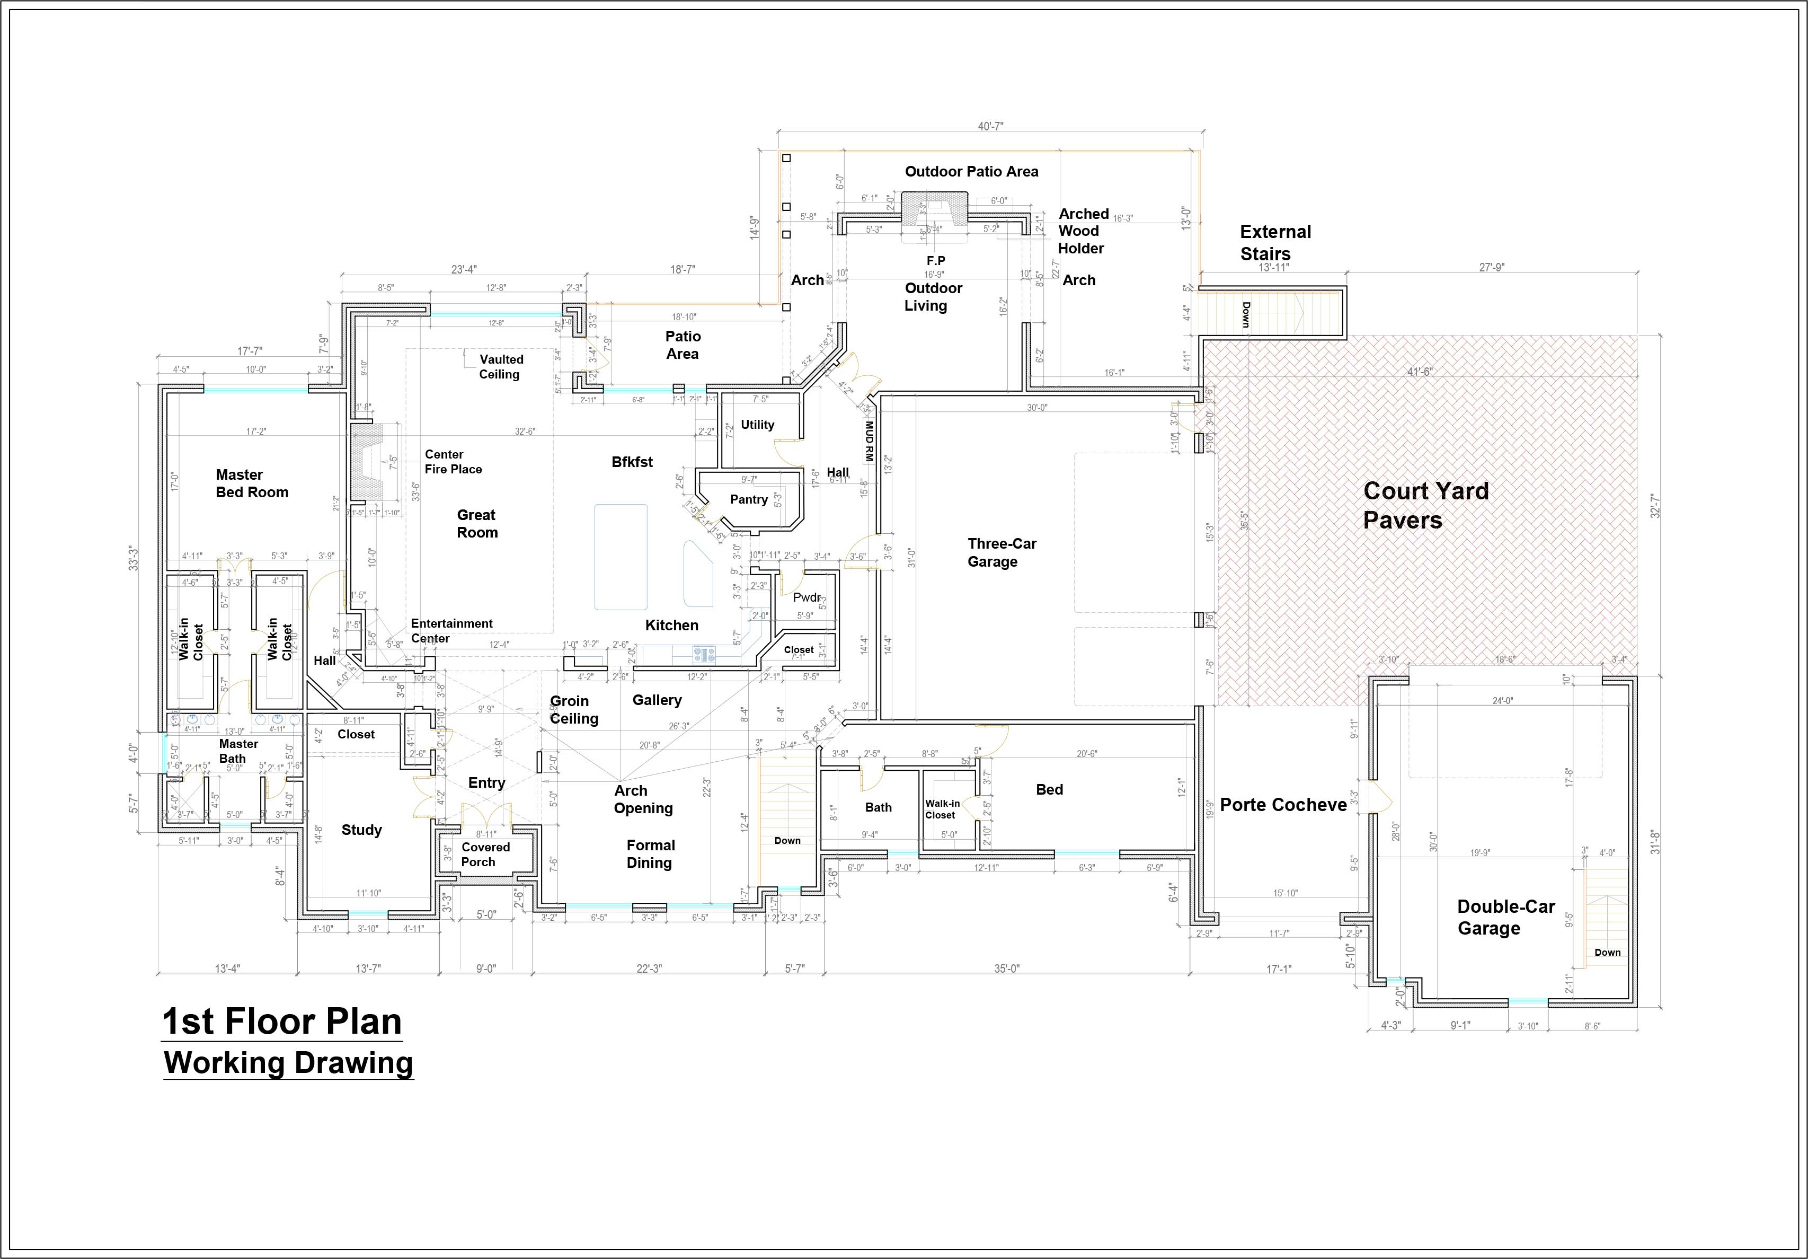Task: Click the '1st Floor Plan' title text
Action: click(282, 1022)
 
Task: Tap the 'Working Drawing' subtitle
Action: click(288, 1063)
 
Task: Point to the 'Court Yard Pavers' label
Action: click(1425, 505)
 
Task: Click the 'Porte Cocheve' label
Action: click(1283, 804)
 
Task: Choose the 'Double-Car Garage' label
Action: click(1505, 917)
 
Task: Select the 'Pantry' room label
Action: click(748, 499)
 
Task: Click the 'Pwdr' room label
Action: click(806, 597)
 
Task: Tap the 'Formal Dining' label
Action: click(650, 853)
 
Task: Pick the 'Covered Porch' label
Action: click(485, 854)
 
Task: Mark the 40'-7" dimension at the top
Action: click(990, 126)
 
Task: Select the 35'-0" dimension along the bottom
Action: click(1006, 969)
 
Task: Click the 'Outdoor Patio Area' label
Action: click(971, 172)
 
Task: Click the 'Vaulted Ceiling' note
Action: click(501, 366)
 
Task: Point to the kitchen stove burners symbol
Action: click(703, 653)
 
